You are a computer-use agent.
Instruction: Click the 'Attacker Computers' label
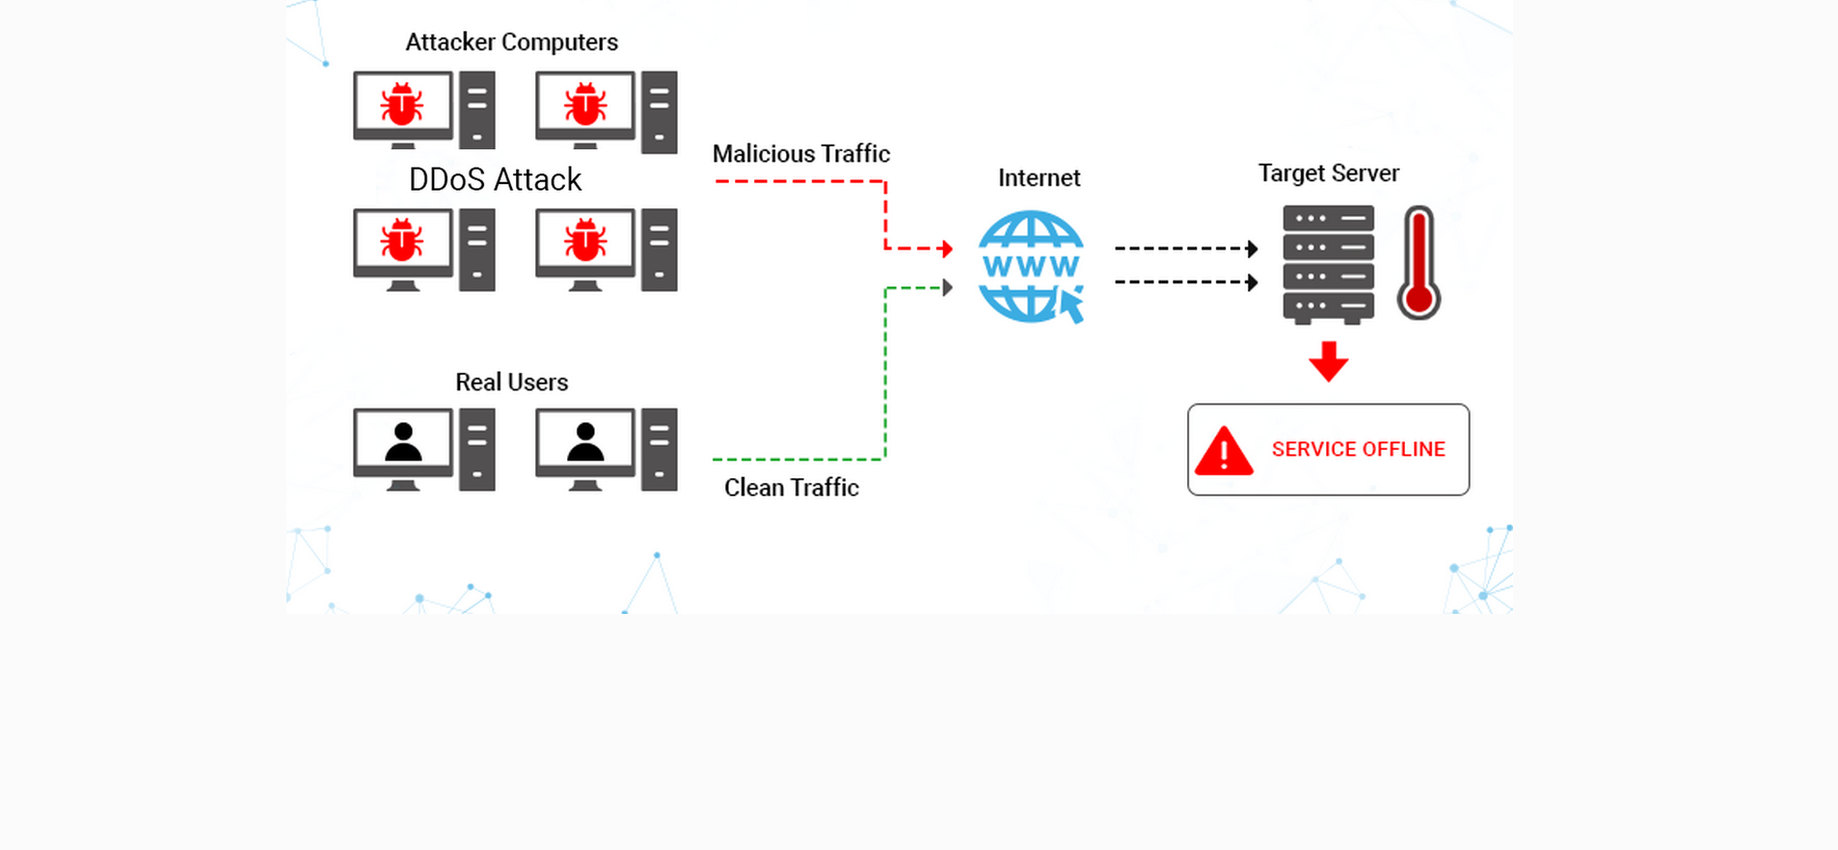point(511,42)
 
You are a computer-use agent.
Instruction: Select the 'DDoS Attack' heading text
point(495,180)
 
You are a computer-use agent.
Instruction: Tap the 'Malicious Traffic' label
point(800,154)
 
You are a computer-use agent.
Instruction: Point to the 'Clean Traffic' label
point(791,488)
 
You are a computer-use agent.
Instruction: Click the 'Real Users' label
point(511,383)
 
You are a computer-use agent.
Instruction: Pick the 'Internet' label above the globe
point(1039,178)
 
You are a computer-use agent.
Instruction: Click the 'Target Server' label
point(1328,173)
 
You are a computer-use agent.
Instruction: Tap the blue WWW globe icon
point(1029,265)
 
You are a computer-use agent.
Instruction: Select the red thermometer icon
point(1419,263)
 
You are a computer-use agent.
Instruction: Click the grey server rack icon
point(1328,263)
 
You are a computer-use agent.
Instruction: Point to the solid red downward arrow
point(1328,361)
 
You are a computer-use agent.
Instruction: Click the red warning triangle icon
point(1224,451)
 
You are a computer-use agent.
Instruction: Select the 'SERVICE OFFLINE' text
point(1358,449)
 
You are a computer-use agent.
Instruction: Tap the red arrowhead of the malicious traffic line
point(947,249)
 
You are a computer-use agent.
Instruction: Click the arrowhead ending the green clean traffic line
point(948,287)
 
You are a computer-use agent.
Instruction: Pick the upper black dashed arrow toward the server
point(1186,249)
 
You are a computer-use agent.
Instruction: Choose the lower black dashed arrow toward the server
point(1186,282)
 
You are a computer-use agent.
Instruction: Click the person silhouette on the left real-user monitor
point(403,442)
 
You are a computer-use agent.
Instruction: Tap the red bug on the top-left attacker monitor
point(402,104)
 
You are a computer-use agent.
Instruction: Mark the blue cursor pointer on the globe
point(1071,305)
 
